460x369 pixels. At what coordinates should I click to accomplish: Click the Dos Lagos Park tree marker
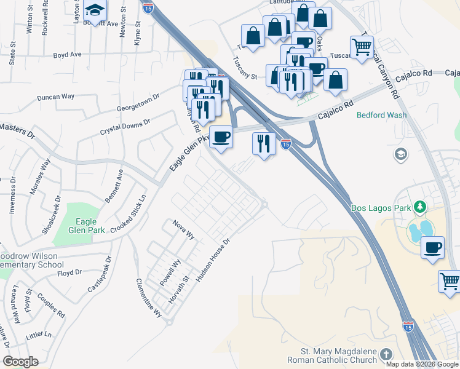point(421,207)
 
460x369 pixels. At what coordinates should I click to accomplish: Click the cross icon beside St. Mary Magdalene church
point(386,354)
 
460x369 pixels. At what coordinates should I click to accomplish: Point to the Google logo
point(20,362)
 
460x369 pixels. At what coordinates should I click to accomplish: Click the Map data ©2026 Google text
point(421,363)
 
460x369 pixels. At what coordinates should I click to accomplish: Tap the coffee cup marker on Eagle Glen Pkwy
point(221,137)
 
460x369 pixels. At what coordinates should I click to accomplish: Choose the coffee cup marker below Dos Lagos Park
point(433,248)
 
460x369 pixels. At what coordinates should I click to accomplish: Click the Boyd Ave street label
point(68,55)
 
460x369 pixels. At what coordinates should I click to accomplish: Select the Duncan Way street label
point(55,97)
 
